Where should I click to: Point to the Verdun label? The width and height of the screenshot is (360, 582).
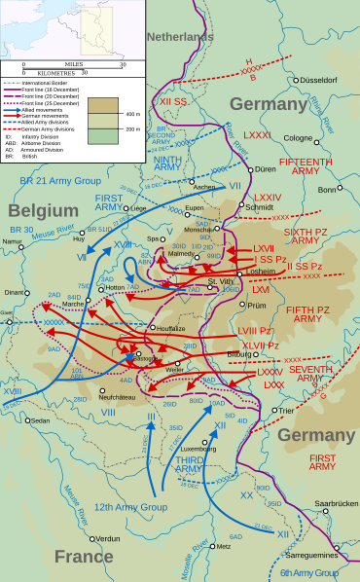pos(108,538)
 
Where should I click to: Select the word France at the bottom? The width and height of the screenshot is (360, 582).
pos(83,556)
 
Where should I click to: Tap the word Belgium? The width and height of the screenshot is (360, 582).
pos(44,209)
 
